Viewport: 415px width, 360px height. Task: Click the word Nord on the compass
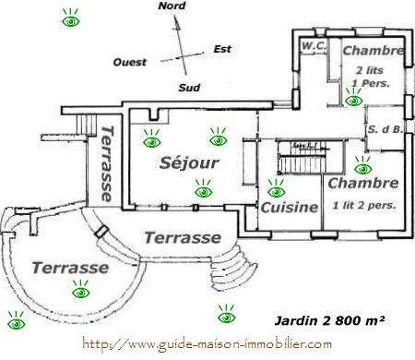[x=172, y=6]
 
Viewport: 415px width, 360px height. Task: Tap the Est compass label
[x=221, y=49]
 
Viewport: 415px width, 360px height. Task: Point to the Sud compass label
[x=188, y=89]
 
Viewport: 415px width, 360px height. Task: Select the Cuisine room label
[x=289, y=208]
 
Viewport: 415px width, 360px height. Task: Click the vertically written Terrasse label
[x=107, y=163]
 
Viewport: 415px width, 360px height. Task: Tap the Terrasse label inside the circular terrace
[x=69, y=268]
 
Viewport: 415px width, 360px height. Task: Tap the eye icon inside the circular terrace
[x=81, y=292]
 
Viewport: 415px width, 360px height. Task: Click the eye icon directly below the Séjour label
[x=204, y=192]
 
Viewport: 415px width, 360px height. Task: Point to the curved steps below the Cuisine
[x=243, y=268]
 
